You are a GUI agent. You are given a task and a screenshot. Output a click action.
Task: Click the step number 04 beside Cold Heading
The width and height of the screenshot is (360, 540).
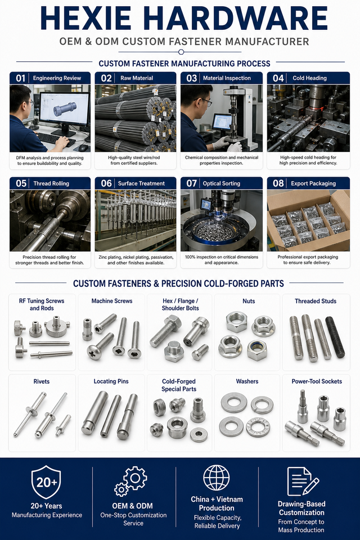point(278,78)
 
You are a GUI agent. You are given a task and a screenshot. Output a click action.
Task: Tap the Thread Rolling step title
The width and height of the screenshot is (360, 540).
point(51,183)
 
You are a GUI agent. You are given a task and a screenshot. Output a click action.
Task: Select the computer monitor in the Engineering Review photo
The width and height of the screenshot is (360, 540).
point(64,110)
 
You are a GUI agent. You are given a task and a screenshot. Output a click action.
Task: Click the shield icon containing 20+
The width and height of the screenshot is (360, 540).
point(46,482)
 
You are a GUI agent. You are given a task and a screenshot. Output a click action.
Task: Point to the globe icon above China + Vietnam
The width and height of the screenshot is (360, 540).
point(217,478)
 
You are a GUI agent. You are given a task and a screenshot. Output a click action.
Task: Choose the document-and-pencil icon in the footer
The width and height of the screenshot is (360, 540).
point(303,481)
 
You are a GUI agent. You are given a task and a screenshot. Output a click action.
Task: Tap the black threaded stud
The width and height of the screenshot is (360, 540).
point(335,337)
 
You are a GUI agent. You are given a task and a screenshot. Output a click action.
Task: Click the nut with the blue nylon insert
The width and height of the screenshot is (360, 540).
point(256,350)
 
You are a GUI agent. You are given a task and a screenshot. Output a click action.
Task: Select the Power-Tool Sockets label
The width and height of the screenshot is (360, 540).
point(317,381)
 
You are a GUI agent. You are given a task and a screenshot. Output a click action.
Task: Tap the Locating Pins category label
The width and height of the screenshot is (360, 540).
point(111,381)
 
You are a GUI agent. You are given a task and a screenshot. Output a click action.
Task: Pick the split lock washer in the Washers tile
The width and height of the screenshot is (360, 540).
point(262,404)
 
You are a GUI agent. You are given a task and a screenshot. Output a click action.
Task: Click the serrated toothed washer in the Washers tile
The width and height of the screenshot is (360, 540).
point(258,427)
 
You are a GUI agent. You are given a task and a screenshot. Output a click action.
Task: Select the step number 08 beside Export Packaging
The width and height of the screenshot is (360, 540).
point(278,183)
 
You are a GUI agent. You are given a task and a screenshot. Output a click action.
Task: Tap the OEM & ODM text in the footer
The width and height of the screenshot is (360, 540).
point(132,506)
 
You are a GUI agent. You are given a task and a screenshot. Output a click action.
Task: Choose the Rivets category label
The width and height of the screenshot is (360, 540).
point(41,381)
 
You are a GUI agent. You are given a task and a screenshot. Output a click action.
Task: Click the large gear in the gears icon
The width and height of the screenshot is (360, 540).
point(135,478)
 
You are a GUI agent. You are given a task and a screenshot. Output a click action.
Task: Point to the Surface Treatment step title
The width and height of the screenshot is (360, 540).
point(141,183)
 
